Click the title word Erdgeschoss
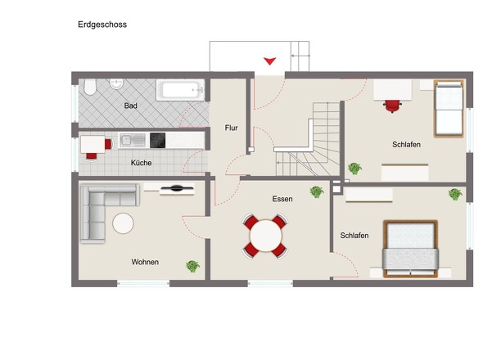pos(102,25)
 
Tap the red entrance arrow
pos(269,61)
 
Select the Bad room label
pos(131,106)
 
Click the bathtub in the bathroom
pos(181,90)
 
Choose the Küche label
pos(142,163)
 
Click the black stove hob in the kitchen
pos(157,141)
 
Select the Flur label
pos(231,128)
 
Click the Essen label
pos(282,199)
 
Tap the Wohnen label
pos(145,262)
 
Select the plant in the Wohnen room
pos(193,266)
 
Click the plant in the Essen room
pos(316,192)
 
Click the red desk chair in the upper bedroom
pos(394,104)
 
